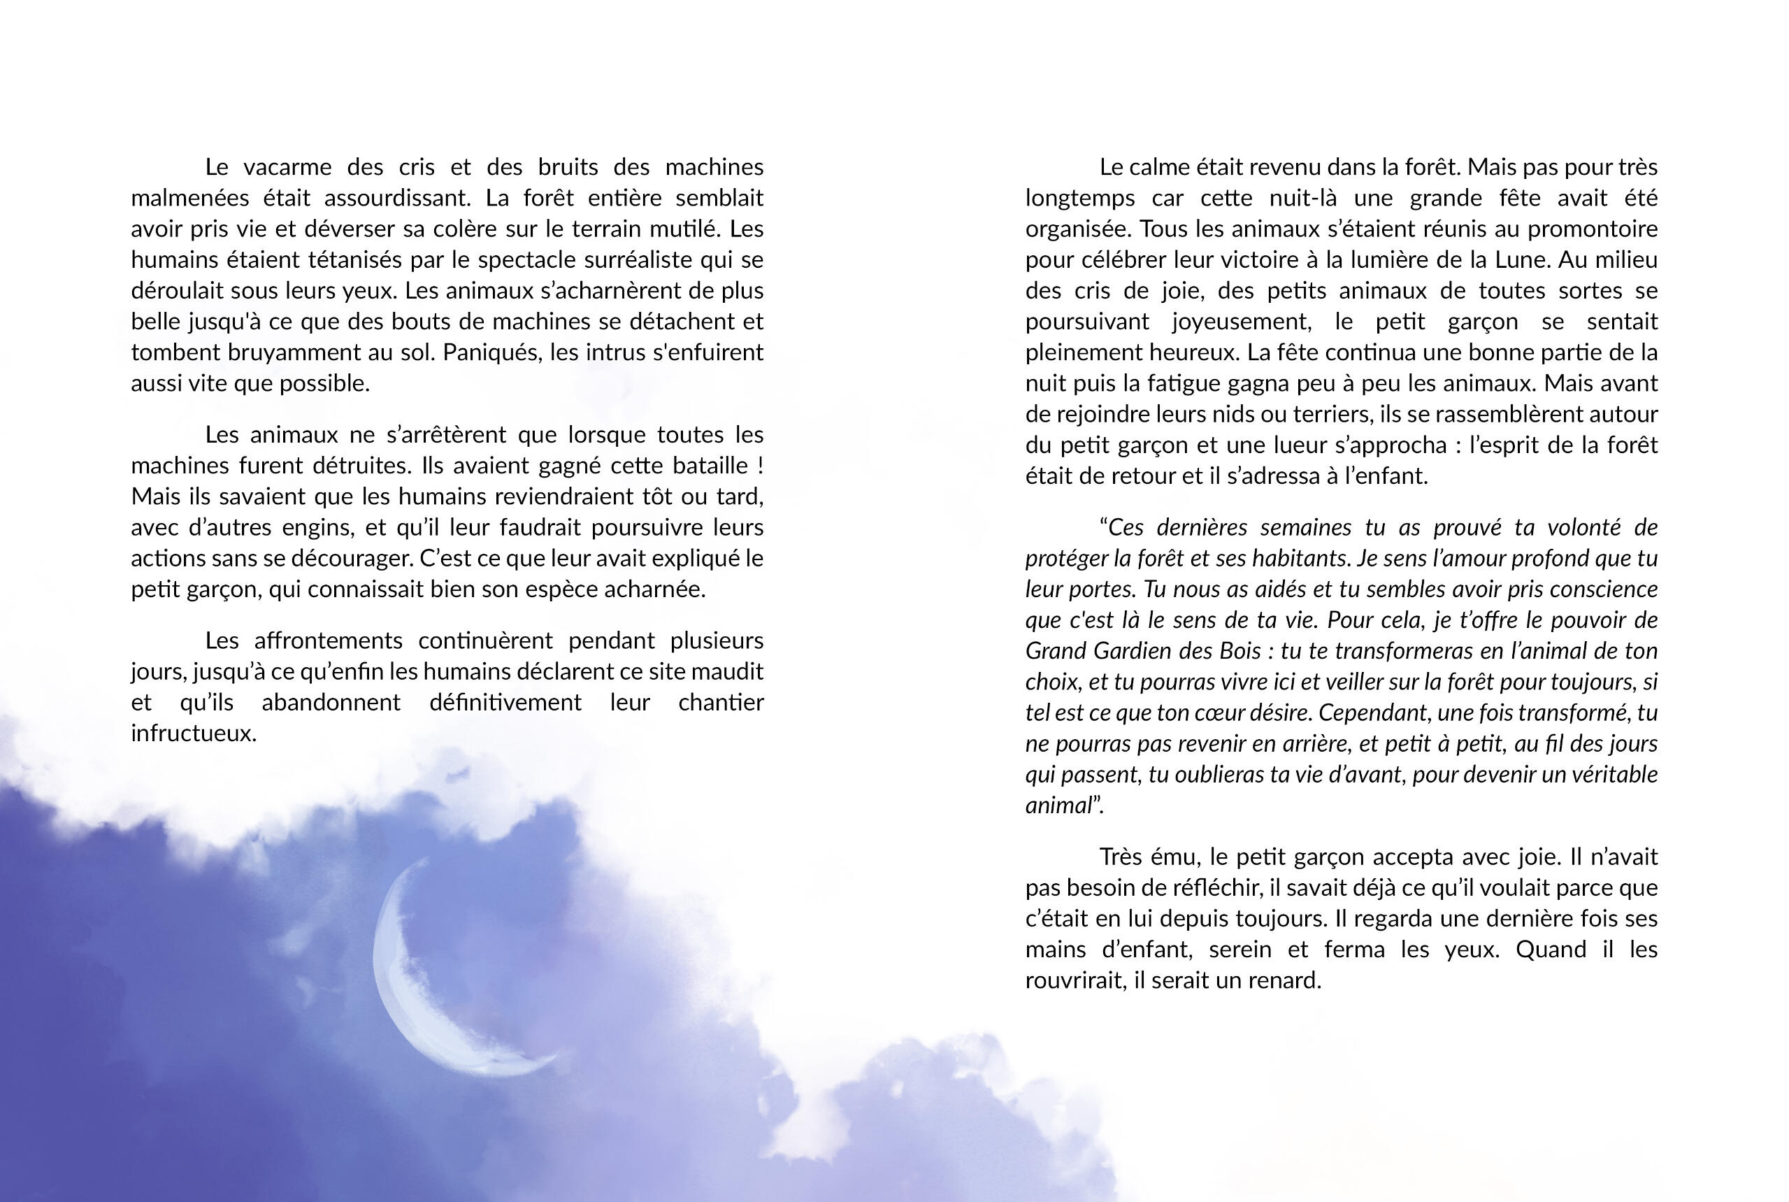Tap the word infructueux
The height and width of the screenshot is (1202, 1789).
click(193, 734)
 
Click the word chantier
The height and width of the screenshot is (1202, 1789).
click(721, 703)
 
